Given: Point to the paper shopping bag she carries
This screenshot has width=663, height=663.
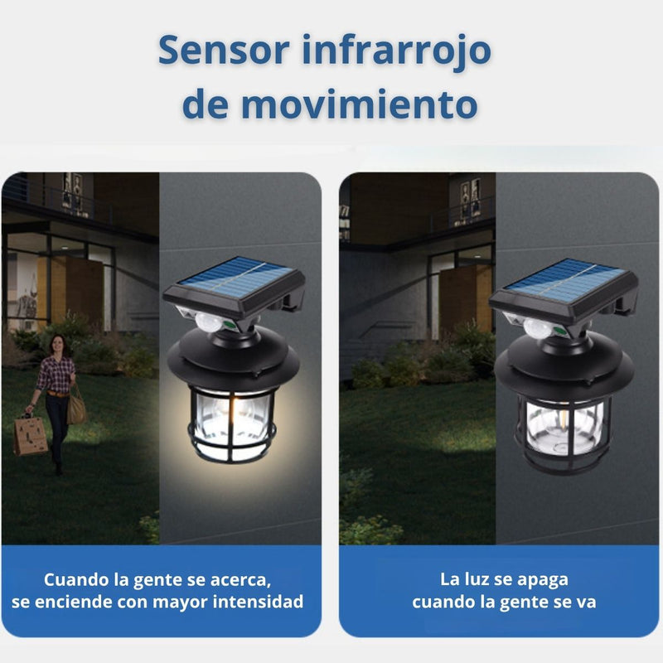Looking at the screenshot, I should (x=31, y=434).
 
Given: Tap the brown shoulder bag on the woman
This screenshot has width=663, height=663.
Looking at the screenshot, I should (x=77, y=407).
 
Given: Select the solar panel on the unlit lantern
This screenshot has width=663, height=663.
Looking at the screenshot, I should (x=564, y=278).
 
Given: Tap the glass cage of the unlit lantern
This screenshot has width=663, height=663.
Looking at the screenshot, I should (x=563, y=426).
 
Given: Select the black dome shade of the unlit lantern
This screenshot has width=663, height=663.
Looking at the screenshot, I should (x=564, y=361).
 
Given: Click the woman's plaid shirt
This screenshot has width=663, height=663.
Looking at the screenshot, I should (x=55, y=373).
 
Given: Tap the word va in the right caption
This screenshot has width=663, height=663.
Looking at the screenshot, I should (x=586, y=601).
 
